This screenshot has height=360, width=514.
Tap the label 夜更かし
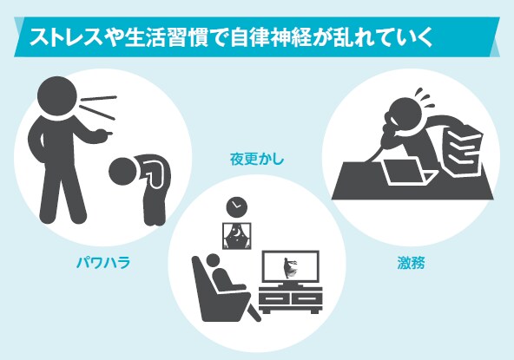(x=256, y=160)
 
